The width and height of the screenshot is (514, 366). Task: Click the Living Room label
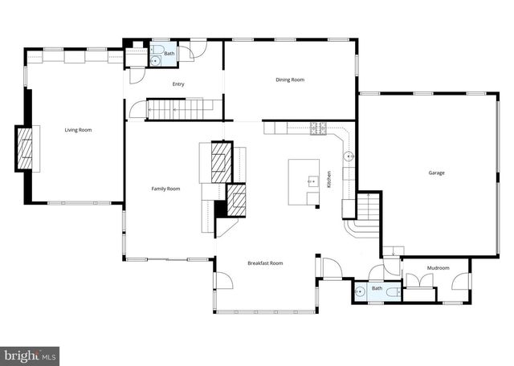point(78,130)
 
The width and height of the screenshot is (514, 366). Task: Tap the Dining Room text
point(290,79)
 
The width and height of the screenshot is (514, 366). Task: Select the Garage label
point(436,173)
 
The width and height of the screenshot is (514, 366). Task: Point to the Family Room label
point(165,189)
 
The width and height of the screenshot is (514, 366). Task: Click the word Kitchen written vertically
point(329,181)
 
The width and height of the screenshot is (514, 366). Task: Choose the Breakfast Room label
point(265,263)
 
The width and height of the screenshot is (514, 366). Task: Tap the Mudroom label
point(438,268)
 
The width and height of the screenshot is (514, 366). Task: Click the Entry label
point(179,83)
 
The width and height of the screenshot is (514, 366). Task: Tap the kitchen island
point(304,183)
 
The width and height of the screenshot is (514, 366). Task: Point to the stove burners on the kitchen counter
point(318,128)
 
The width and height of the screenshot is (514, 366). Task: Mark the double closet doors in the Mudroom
point(419,280)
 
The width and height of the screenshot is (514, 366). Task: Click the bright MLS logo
point(30,353)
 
